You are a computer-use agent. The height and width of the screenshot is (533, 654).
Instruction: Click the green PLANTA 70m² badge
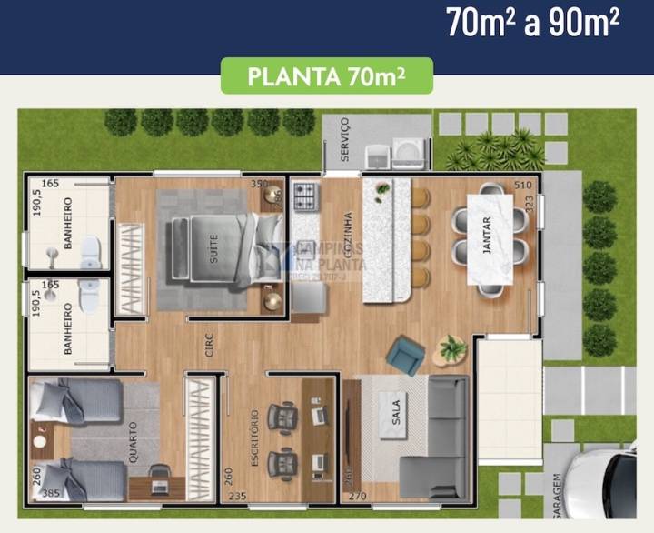coord(327,76)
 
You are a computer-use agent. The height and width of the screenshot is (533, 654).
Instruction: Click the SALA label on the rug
coord(395,415)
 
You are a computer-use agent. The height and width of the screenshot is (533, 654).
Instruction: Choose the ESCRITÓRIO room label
coord(255,437)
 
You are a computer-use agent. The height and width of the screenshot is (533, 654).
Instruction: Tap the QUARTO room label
coord(134,442)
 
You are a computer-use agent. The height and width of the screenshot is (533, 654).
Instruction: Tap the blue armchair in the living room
coord(404,355)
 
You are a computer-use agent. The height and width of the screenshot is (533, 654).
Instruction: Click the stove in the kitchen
coord(304,196)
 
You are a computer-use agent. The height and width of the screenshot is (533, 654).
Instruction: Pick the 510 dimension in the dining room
coord(522,186)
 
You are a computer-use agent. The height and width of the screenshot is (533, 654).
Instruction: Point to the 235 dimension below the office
coord(237,497)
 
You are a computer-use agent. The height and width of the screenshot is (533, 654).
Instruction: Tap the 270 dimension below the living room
coord(358,497)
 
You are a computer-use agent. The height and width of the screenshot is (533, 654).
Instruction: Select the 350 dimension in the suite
coord(259,184)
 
